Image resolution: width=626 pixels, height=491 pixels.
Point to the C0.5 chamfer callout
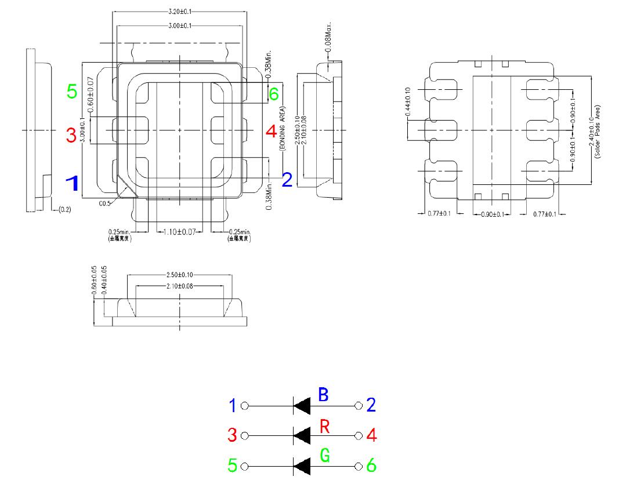tap(105, 203)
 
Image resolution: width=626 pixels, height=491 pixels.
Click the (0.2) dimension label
tap(64, 209)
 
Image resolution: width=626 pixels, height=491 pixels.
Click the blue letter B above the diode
tap(324, 395)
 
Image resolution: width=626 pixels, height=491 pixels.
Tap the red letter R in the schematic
tap(325, 428)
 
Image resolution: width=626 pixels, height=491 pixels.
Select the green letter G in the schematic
tap(325, 456)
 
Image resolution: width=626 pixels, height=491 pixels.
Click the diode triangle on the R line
tap(302, 435)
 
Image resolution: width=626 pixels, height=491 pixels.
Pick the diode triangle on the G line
tap(302, 466)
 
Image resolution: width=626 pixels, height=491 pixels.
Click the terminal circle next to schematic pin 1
tap(244, 405)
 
